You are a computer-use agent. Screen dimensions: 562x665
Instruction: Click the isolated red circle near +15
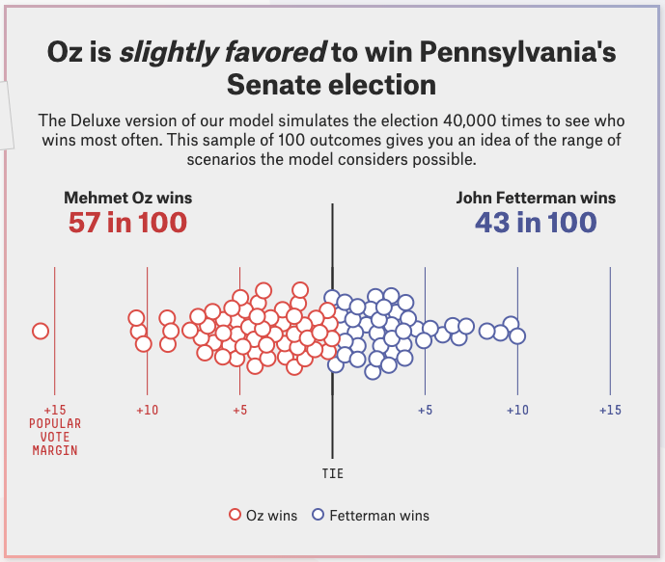pyautogui.click(x=41, y=332)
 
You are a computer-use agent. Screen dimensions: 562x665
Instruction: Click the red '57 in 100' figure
pyautogui.click(x=127, y=223)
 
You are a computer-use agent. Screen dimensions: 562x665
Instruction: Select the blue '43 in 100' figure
pyautogui.click(x=536, y=223)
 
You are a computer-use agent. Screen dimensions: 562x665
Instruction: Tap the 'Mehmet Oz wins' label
pyautogui.click(x=127, y=198)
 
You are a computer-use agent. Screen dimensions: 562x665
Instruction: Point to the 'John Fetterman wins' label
pyautogui.click(x=536, y=198)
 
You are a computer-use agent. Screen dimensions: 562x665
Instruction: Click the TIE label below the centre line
pyautogui.click(x=332, y=473)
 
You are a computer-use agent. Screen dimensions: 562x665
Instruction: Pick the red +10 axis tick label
pyautogui.click(x=147, y=410)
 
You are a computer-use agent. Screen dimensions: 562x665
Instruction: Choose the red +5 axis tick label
pyautogui.click(x=239, y=410)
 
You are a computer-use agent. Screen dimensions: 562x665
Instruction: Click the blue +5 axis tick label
pyautogui.click(x=425, y=410)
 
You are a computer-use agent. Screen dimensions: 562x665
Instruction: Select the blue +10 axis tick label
pyautogui.click(x=517, y=410)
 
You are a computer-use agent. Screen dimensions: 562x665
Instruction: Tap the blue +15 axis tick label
pyautogui.click(x=610, y=410)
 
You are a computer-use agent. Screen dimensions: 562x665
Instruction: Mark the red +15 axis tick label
pyautogui.click(x=55, y=410)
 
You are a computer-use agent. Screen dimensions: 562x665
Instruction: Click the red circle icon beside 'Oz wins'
pyautogui.click(x=235, y=516)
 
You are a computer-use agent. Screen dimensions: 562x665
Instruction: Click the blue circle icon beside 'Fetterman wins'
pyautogui.click(x=318, y=516)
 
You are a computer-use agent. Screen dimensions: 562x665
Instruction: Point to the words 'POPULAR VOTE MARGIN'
pyautogui.click(x=55, y=437)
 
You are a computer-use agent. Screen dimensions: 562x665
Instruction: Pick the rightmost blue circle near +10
pyautogui.click(x=517, y=335)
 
